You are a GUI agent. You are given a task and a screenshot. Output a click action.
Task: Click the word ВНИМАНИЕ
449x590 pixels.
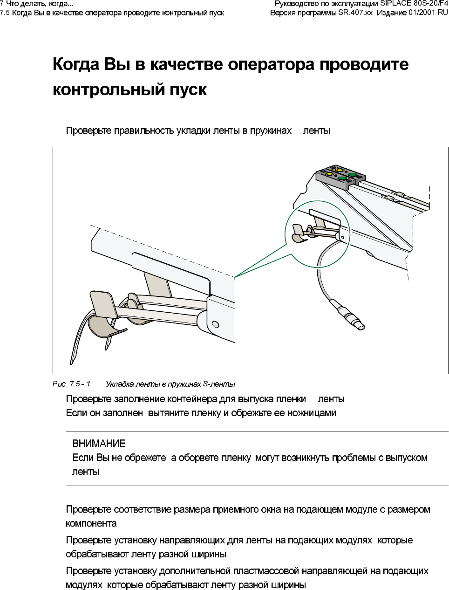pos(99,443)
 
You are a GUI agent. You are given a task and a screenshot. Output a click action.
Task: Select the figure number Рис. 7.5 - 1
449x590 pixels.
pos(71,384)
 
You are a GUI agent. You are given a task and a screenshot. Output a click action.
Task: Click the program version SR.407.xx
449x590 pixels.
pos(355,13)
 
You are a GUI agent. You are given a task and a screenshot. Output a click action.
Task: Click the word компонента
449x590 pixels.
pos(91,523)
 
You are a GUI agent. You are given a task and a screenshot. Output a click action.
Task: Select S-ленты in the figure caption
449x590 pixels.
pos(219,384)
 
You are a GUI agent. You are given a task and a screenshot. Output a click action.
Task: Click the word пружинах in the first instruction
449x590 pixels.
pos(271,130)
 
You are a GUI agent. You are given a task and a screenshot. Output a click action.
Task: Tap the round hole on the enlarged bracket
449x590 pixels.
pos(215,324)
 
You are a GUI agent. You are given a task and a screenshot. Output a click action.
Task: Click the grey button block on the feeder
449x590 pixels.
pos(340,178)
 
